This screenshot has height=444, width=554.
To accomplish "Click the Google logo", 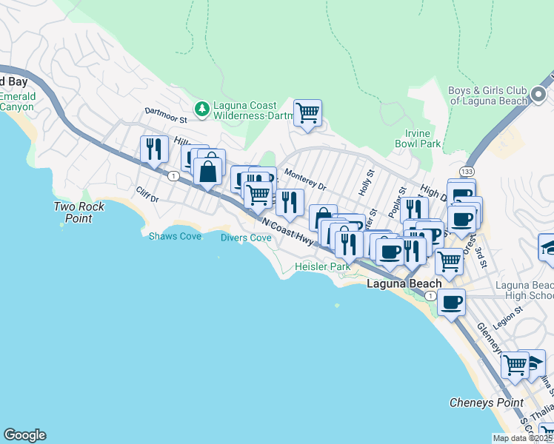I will [24, 435].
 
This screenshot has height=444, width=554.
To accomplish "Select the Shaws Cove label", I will [175, 236].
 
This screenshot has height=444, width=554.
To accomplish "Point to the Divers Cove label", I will [245, 238].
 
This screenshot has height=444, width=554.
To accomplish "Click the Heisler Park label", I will [322, 266].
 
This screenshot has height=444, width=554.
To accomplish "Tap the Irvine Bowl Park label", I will [418, 138].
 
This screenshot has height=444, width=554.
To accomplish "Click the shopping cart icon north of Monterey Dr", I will [307, 113].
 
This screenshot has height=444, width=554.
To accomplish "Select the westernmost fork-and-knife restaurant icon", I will [154, 149].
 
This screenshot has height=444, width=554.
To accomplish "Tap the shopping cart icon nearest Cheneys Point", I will [515, 364].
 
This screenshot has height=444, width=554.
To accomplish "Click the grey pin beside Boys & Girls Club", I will [538, 95].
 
